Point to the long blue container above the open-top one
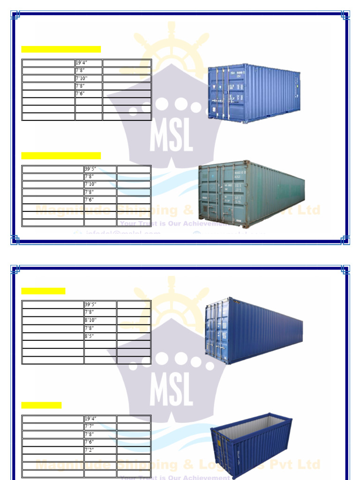click(253, 330)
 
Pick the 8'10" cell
click(100, 320)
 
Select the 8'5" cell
click(100, 336)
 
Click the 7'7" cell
click(100, 427)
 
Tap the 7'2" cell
click(100, 450)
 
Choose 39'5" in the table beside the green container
click(100, 169)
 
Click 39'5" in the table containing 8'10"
click(100, 305)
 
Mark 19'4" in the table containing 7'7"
click(100, 419)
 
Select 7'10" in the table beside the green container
click(100, 184)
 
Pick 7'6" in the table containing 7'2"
click(100, 442)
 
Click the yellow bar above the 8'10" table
click(43, 291)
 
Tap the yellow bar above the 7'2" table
click(41, 405)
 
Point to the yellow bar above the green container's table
click(61, 156)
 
